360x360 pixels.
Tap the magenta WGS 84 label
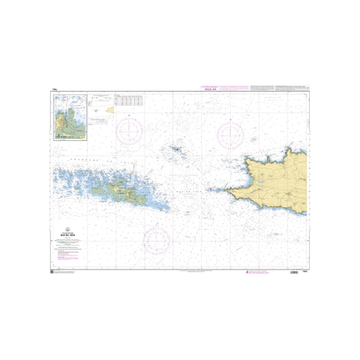click(211, 89)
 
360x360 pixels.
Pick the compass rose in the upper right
click(230, 134)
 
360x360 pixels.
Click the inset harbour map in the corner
click(70, 117)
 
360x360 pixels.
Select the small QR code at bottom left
click(52, 272)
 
